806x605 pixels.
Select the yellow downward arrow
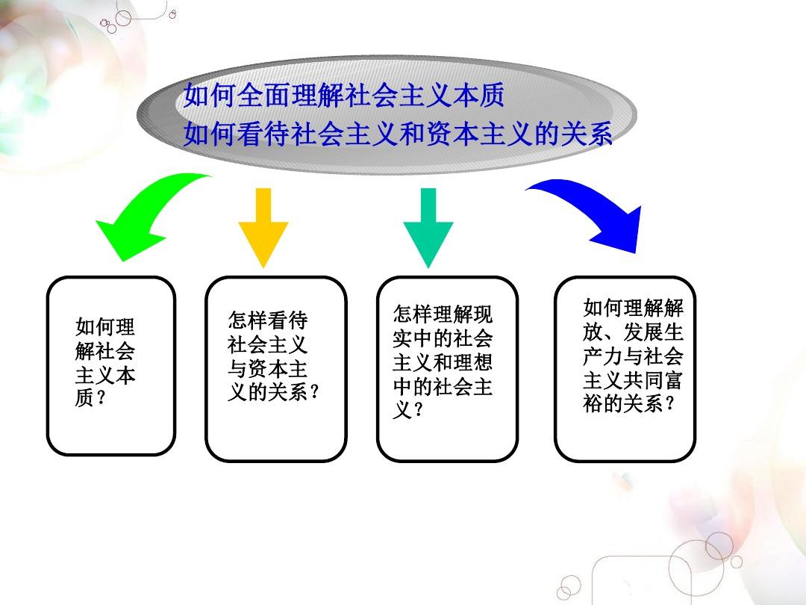click(x=263, y=226)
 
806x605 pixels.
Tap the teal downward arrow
click(x=428, y=226)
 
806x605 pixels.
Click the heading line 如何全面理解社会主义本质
click(x=344, y=95)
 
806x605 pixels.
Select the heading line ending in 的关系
click(x=397, y=133)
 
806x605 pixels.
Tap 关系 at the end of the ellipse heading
click(x=586, y=133)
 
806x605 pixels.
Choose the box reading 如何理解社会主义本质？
click(x=111, y=366)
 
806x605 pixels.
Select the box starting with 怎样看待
click(x=276, y=368)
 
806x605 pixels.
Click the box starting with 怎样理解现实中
click(x=447, y=368)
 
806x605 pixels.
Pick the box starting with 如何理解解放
click(x=625, y=368)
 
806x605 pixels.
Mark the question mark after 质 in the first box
click(x=101, y=397)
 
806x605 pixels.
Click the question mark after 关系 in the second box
click(x=315, y=392)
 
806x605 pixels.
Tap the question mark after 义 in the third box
click(x=419, y=410)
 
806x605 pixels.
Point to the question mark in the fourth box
click(x=669, y=403)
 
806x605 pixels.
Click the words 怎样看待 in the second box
click(x=268, y=320)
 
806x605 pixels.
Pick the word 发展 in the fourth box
click(x=643, y=332)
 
